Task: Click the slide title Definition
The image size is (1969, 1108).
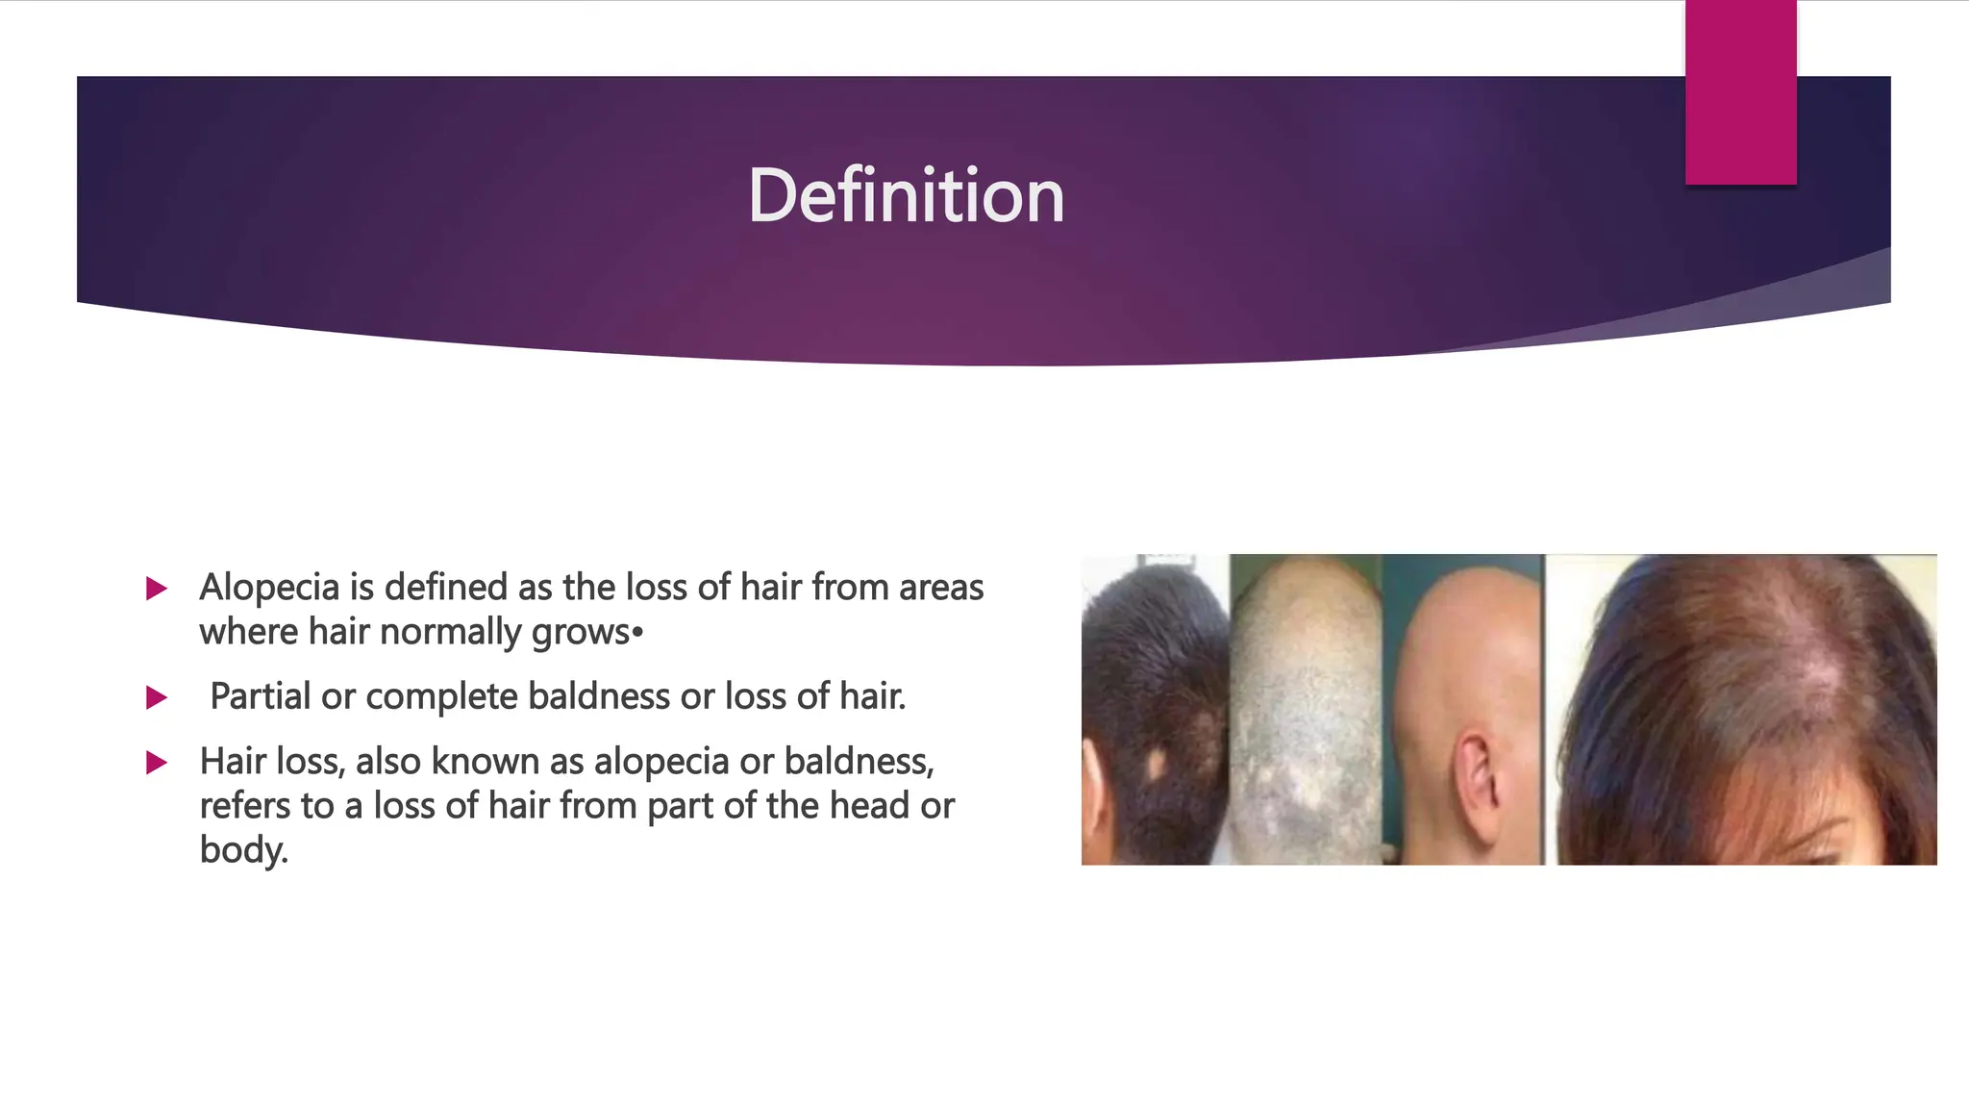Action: point(906,196)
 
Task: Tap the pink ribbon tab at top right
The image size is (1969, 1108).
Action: point(1740,92)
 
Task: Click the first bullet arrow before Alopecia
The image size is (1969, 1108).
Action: point(157,589)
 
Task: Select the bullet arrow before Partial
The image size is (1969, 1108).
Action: point(157,697)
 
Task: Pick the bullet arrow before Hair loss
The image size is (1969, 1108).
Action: point(157,764)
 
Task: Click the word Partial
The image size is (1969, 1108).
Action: point(260,696)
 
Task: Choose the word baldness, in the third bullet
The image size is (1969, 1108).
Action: point(859,762)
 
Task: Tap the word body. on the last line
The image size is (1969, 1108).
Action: point(243,850)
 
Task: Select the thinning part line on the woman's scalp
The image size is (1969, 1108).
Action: point(1798,664)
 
